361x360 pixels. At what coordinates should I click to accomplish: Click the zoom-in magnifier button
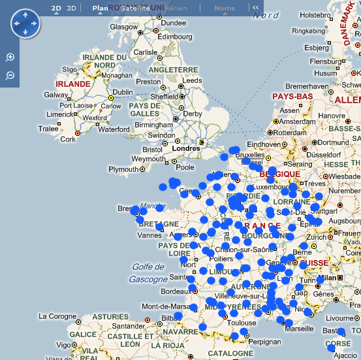pos(10,57)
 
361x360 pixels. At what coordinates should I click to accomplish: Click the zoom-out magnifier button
pos(10,76)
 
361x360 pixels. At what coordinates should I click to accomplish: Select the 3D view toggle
pos(72,8)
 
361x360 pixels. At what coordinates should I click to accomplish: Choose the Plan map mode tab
pos(100,8)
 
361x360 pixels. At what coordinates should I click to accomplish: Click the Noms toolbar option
pos(225,8)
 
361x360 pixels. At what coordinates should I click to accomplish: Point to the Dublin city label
pos(122,92)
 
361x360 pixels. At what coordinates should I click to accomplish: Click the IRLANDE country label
pos(73,84)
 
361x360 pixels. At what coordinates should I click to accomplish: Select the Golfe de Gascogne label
pos(148,272)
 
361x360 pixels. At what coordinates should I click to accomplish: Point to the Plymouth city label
pos(123,169)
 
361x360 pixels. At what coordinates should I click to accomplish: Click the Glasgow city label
pos(124,27)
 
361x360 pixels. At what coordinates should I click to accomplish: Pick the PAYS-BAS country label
pos(292,96)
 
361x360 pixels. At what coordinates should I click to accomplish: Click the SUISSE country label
pos(313,263)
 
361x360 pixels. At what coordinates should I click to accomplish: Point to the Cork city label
pos(67,139)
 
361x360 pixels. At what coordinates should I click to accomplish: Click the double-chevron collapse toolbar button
pos(256,8)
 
